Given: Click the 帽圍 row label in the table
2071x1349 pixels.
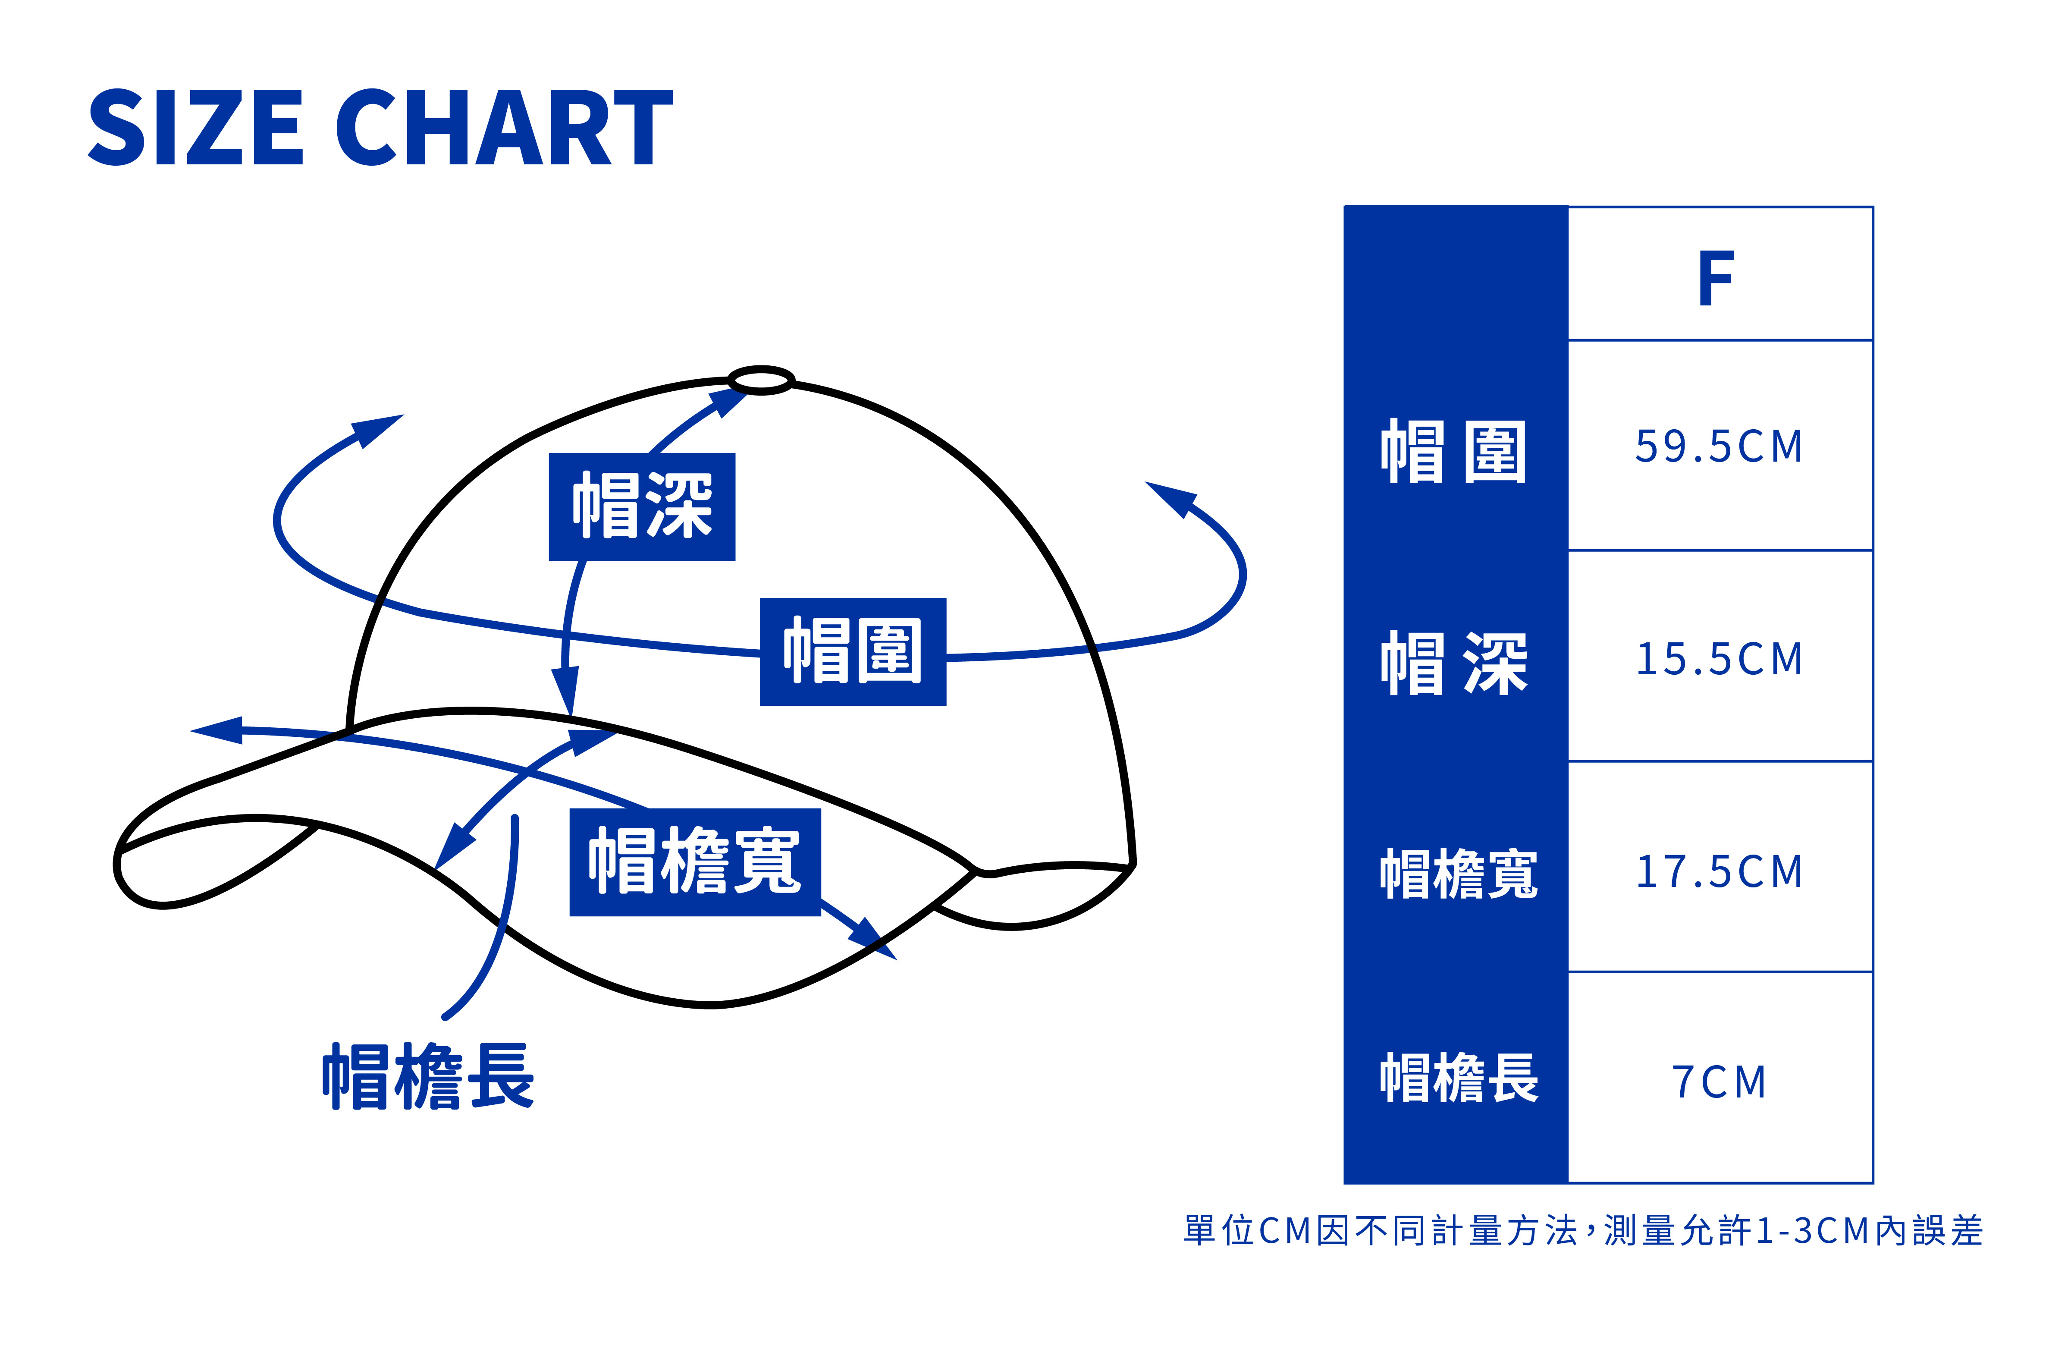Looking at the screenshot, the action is tap(1453, 451).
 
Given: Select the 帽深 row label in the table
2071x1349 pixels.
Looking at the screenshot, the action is tap(1453, 663).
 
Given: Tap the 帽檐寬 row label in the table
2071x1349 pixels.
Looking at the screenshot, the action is tap(1459, 874).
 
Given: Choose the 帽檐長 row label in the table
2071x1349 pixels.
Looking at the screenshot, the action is tap(1459, 1078).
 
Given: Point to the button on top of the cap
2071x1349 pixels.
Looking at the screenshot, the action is tap(761, 380).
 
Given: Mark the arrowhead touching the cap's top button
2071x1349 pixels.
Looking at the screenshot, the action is tap(729, 402).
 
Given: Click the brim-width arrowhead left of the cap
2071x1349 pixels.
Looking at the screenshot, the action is tap(217, 730).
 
